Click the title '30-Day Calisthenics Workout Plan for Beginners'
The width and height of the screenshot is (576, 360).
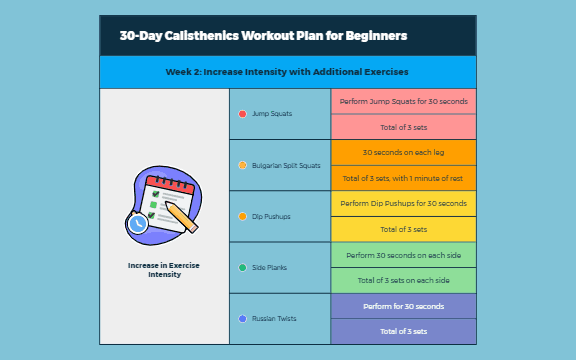(x=263, y=36)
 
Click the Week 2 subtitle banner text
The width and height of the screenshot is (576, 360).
(x=287, y=72)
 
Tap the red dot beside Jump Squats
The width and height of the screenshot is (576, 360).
(x=242, y=114)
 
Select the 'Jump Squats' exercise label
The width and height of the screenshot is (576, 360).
(x=272, y=114)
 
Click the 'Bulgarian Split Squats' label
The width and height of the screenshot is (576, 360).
(x=287, y=165)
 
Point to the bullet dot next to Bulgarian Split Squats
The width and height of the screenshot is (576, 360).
(x=242, y=165)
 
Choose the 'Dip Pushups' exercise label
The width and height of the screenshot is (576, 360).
(x=272, y=216)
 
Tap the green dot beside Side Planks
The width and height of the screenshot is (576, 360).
(x=242, y=267)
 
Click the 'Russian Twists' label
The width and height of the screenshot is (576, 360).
(x=276, y=318)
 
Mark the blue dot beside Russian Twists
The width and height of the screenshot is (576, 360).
(x=242, y=318)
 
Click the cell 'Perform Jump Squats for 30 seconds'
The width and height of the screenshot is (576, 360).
(x=403, y=102)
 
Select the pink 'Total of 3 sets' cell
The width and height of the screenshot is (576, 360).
(x=403, y=127)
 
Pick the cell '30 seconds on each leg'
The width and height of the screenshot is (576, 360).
(x=403, y=153)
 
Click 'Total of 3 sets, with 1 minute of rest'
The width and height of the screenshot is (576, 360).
(x=403, y=178)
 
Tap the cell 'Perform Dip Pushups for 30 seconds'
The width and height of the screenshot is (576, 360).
(x=403, y=204)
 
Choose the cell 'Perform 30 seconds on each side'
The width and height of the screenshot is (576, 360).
(x=403, y=255)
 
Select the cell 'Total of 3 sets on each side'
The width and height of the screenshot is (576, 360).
(x=403, y=280)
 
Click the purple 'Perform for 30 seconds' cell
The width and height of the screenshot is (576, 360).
(x=403, y=306)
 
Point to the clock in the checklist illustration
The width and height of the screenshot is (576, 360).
(x=138, y=225)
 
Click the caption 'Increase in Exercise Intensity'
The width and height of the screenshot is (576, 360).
(x=164, y=269)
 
